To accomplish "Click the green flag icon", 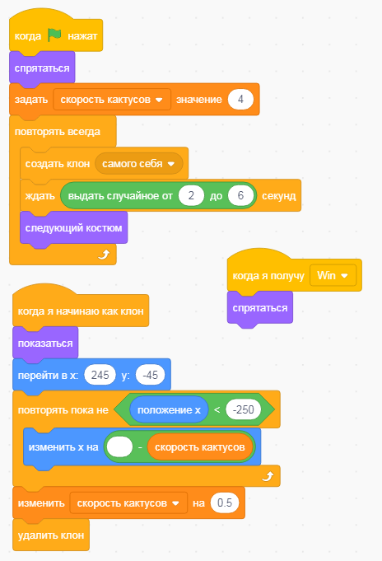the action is pyautogui.click(x=54, y=35).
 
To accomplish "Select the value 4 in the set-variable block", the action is pyautogui.click(x=240, y=99).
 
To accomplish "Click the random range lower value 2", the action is pyautogui.click(x=191, y=195).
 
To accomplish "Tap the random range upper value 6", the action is pyautogui.click(x=240, y=195).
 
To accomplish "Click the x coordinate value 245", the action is pyautogui.click(x=100, y=375).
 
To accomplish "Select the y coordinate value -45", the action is pyautogui.click(x=150, y=375).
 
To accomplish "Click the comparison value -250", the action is pyautogui.click(x=243, y=409).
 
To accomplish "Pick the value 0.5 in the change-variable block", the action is pyautogui.click(x=225, y=503).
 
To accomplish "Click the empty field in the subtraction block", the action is pyautogui.click(x=119, y=447).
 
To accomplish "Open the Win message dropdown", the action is pyautogui.click(x=333, y=275).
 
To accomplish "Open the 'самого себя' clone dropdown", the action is pyautogui.click(x=139, y=163).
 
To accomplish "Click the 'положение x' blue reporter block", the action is pyautogui.click(x=169, y=409).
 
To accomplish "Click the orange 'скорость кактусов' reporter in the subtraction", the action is pyautogui.click(x=200, y=447).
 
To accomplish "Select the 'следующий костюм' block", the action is pyautogui.click(x=73, y=228).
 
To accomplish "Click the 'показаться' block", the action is pyautogui.click(x=45, y=344).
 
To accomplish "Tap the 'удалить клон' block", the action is pyautogui.click(x=51, y=535).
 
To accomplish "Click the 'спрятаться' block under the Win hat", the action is pyautogui.click(x=260, y=308).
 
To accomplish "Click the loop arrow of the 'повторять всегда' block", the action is pyautogui.click(x=104, y=255).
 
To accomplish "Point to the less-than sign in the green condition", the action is pyautogui.click(x=217, y=409).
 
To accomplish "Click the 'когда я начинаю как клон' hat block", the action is pyautogui.click(x=81, y=310).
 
